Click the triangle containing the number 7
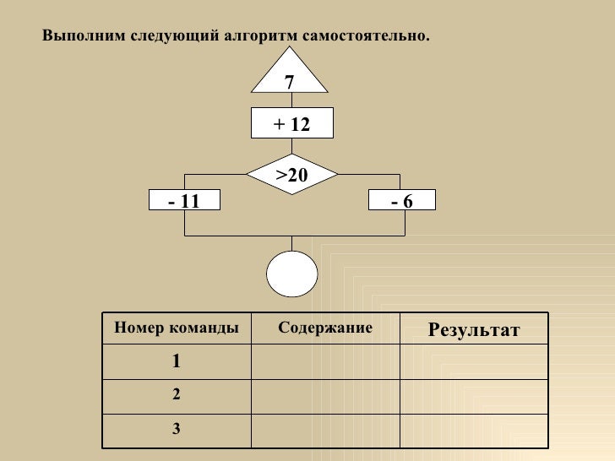[x=290, y=79]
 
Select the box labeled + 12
[x=291, y=124]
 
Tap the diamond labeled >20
[x=291, y=175]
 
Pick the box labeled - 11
[x=182, y=200]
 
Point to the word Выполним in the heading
[x=79, y=37]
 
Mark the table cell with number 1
[x=176, y=361]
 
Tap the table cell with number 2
[x=176, y=394]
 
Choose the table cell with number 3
[x=176, y=428]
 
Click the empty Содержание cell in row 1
[x=325, y=361]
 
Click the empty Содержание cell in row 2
[x=325, y=394]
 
